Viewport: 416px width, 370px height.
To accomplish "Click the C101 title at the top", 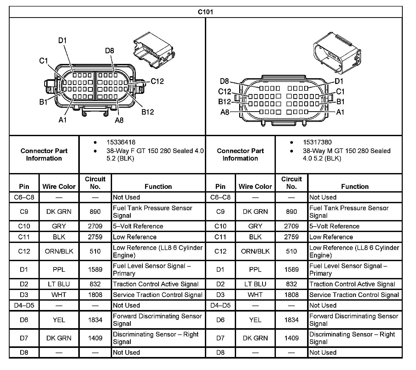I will tap(205, 12).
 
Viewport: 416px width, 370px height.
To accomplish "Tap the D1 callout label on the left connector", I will tap(62, 41).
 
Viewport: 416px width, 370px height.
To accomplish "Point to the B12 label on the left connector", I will tap(147, 112).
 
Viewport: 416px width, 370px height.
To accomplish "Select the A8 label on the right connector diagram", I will tap(225, 112).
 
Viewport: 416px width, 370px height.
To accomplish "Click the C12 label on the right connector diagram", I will tap(224, 92).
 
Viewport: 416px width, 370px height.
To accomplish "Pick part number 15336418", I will tap(121, 142).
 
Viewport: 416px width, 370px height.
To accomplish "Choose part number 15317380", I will tap(317, 142).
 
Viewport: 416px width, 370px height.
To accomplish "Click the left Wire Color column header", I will tap(59, 186).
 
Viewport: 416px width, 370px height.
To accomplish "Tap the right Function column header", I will tap(355, 186).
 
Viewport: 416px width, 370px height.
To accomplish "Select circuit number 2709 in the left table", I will tap(95, 226).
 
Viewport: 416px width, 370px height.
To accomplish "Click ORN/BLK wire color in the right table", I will tap(255, 251).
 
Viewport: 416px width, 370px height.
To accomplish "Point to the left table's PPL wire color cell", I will tap(59, 269).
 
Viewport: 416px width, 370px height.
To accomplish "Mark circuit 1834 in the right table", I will tap(291, 320).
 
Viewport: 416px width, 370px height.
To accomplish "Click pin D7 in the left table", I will tap(24, 338).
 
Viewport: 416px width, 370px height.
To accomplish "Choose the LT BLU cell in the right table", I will tap(255, 284).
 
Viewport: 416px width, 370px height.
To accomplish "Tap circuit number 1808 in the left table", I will tap(95, 295).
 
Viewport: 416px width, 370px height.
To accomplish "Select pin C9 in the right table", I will tap(220, 212).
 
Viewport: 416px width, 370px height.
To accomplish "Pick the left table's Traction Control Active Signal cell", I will tap(155, 284).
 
